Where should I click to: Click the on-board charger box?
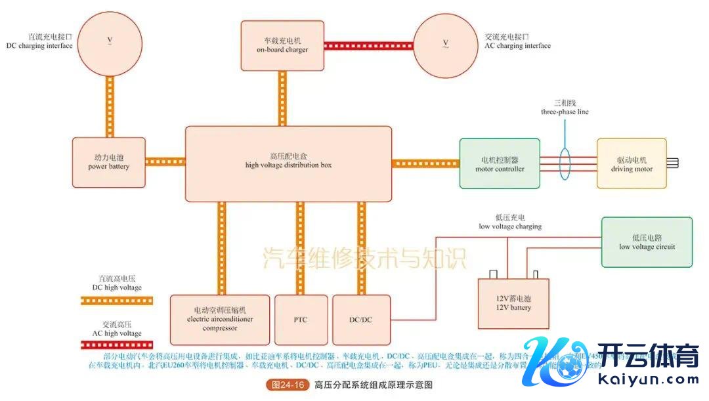click(x=282, y=45)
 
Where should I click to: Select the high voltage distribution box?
click(x=288, y=163)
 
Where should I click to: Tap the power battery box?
click(x=109, y=162)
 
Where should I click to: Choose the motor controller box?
click(x=500, y=164)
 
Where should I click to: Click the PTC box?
click(x=300, y=320)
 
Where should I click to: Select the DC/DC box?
click(x=361, y=320)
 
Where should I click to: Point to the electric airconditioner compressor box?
click(x=219, y=320)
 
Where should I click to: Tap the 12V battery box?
click(x=514, y=303)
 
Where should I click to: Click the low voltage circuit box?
click(x=647, y=242)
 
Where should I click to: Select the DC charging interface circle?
click(x=110, y=42)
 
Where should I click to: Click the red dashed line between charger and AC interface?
click(x=368, y=46)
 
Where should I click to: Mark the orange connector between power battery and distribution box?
click(x=165, y=161)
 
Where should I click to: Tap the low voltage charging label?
click(x=510, y=222)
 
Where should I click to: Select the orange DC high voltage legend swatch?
click(x=116, y=301)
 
